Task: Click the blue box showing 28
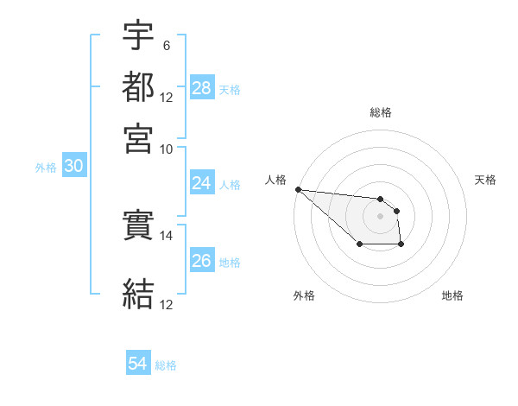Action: [202, 88]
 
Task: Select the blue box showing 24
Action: [202, 183]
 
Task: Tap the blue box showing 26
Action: [202, 261]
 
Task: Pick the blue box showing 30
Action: [73, 167]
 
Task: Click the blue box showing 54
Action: [138, 364]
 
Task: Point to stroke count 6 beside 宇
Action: [166, 44]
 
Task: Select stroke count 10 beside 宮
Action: [167, 149]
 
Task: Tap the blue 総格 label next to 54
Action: [166, 365]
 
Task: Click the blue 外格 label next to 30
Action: [46, 168]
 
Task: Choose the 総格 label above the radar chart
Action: [381, 112]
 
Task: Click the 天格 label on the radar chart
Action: [485, 180]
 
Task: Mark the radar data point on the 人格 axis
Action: [298, 189]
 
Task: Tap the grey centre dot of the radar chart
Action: [381, 216]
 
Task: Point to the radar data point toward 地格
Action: [401, 245]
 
